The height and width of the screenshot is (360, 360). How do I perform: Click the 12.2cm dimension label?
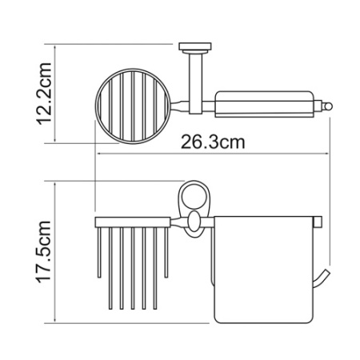43,94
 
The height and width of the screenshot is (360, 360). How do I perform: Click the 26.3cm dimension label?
213,142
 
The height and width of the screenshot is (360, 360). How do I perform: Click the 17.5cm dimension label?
43,252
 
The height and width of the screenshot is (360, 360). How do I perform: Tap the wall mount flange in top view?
195,47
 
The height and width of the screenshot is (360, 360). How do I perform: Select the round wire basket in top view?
132,106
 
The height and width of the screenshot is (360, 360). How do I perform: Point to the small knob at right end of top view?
327,106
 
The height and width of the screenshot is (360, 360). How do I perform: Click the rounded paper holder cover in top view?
265,104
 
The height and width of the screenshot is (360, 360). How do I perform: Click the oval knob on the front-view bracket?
194,222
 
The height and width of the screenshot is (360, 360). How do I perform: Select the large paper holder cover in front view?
263,270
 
